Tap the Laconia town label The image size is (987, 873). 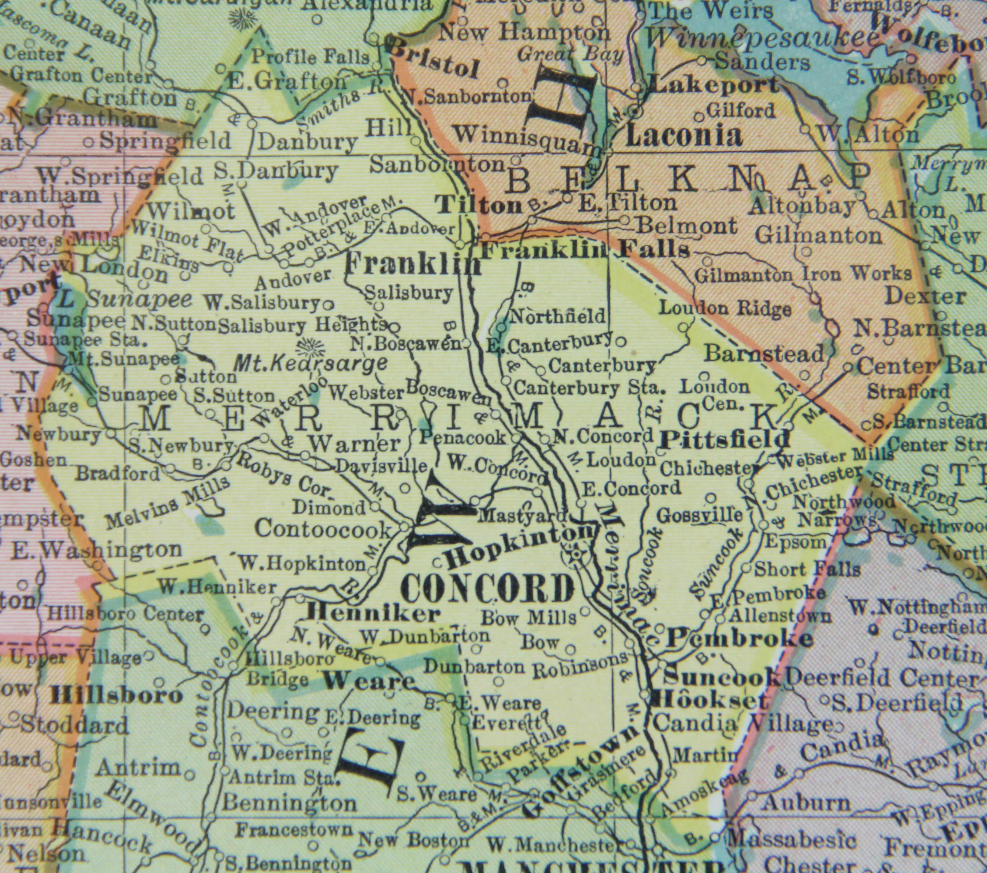683,136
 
